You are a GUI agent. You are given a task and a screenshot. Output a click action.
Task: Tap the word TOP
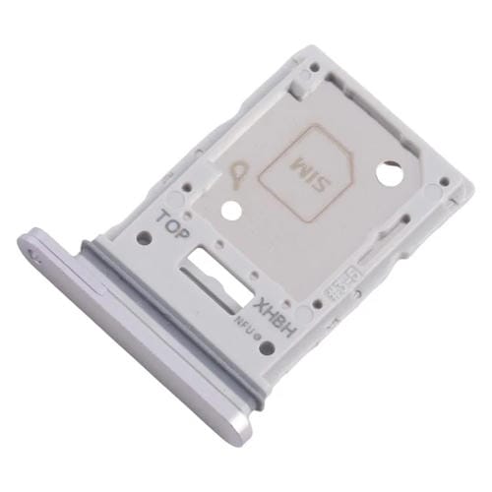click(176, 222)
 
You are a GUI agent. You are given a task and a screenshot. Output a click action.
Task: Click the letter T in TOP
click(164, 214)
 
